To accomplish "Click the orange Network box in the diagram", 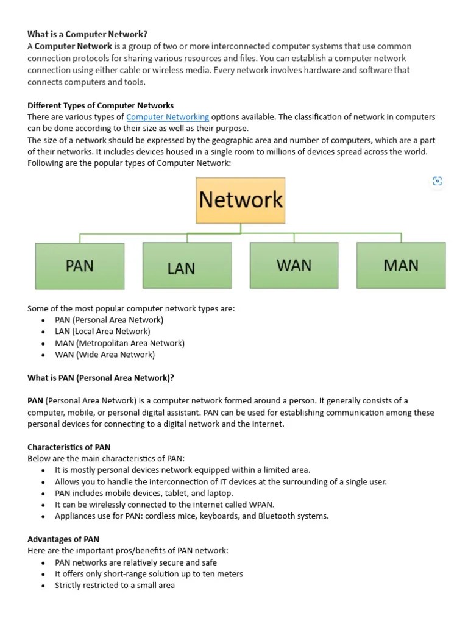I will coord(241,200).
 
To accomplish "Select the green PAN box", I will coord(80,265).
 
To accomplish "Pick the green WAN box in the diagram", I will coord(294,265).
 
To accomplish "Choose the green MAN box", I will coord(401,265).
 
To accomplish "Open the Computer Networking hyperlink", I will coord(168,116).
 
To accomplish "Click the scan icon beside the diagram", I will coord(437,180).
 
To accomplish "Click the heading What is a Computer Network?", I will coord(87,34).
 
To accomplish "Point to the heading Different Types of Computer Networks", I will coord(101,105).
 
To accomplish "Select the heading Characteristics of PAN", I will coord(69,447).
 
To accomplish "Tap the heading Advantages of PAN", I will coord(63,539).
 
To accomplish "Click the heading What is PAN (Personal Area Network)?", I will coord(101,378).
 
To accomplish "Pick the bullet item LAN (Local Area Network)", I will coord(102,331).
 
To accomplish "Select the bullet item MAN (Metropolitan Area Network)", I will coord(119,343).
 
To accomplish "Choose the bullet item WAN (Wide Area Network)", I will coord(105,355).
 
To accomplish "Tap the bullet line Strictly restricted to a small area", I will coord(115,586).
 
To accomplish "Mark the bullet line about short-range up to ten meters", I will coord(149,574).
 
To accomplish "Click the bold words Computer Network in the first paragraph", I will coord(73,46).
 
